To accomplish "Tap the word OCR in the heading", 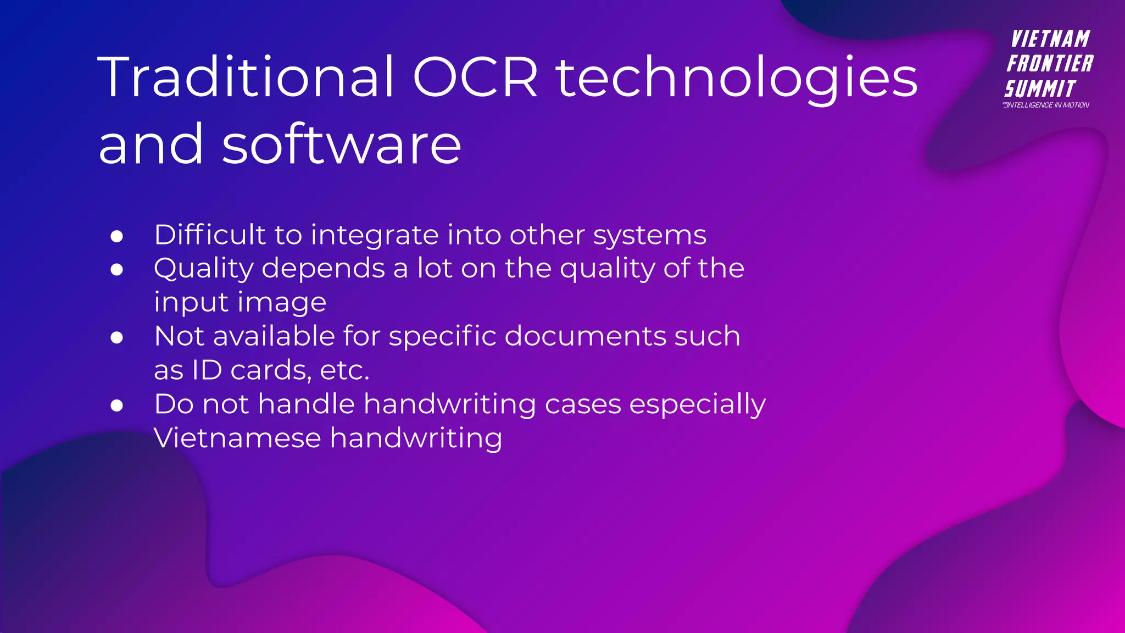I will point(475,78).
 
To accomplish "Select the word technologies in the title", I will point(737,78).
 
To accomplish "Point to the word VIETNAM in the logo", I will point(1050,40).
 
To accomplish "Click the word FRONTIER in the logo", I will point(1050,64).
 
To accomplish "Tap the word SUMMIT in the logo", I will point(1039,88).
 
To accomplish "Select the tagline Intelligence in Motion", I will point(1046,105).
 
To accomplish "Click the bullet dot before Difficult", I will point(116,236).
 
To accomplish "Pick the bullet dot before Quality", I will point(116,270).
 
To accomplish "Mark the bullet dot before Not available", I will point(116,337).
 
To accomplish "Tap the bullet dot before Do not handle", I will point(116,406).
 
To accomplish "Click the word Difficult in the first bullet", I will point(210,235).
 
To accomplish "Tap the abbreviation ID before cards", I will point(207,370).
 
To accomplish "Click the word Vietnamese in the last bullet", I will point(237,438).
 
